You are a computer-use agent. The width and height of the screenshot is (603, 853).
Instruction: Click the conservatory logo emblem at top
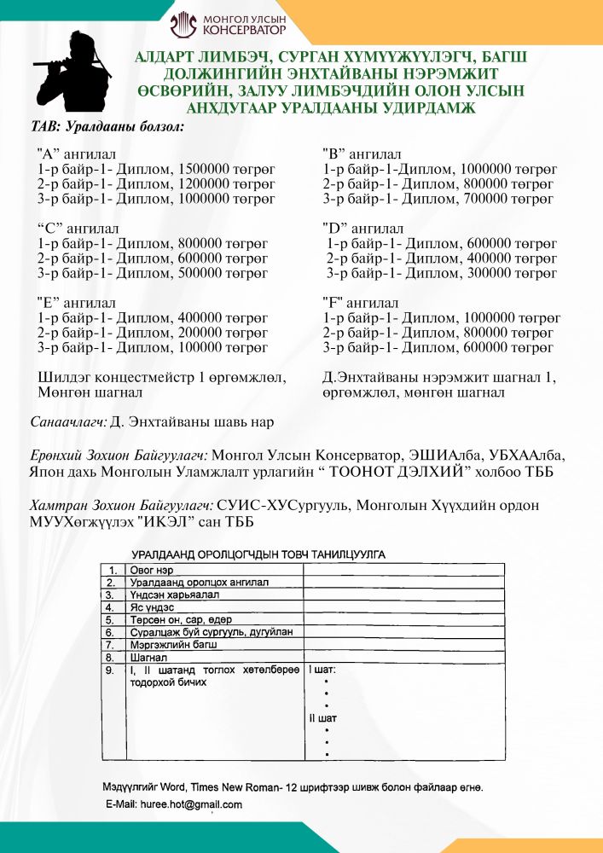pos(183,26)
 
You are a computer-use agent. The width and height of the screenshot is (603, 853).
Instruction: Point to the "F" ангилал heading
pos(360,303)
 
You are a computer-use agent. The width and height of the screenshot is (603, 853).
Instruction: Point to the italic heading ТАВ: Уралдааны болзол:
pos(107,125)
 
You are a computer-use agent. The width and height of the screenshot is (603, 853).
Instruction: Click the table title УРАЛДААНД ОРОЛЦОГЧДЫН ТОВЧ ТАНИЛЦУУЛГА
pos(258,554)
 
